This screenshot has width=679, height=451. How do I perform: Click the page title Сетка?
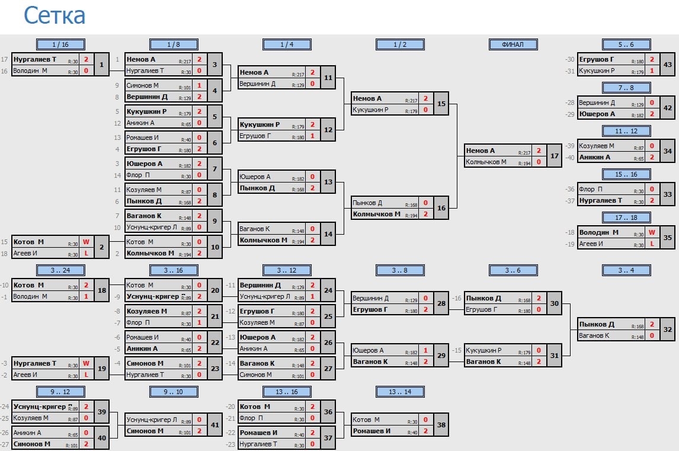[x=55, y=15]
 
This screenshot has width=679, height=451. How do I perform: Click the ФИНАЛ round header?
[x=513, y=44]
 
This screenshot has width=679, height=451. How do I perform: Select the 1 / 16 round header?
[x=60, y=44]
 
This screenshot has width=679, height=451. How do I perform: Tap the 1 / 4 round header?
[x=287, y=44]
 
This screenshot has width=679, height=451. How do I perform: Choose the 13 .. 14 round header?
[x=400, y=391]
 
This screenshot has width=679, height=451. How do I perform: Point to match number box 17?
[x=555, y=156]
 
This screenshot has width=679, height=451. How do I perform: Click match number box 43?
[x=668, y=65]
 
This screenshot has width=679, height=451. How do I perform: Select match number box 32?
[x=668, y=330]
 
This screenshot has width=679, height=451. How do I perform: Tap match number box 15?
[x=441, y=104]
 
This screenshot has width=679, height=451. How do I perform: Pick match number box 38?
[x=441, y=425]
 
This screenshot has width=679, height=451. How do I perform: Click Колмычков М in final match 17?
[x=486, y=162]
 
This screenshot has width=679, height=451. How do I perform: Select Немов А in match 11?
[x=254, y=72]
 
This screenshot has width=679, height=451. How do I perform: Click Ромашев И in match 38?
[x=371, y=431]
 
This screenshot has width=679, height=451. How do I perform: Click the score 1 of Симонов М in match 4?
[x=199, y=85]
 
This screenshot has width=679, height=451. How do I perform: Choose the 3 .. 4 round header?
[x=626, y=270]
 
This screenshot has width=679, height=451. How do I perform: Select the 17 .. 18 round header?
[x=626, y=218]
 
